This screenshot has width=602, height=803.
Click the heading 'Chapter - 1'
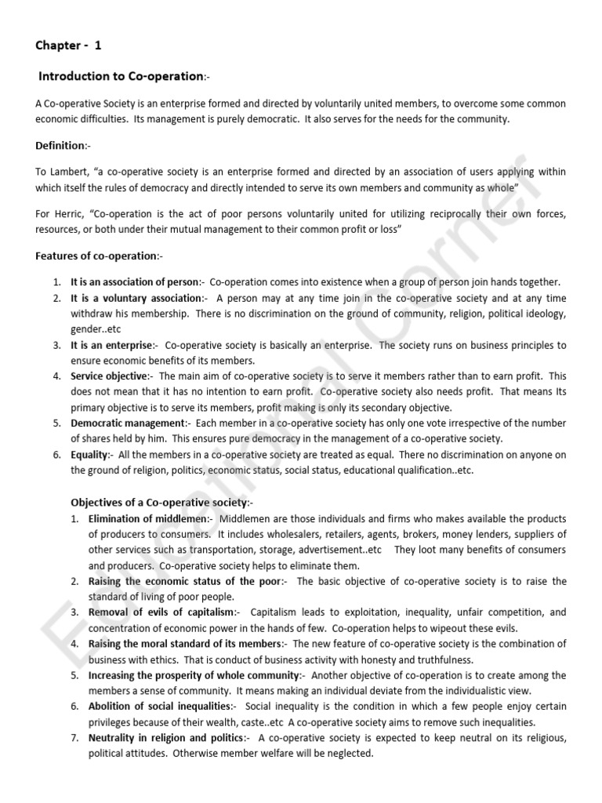click(68, 45)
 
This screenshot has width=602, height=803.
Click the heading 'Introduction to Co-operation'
click(121, 76)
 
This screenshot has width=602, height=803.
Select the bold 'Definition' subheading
click(60, 146)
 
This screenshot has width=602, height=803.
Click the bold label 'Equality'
click(89, 455)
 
